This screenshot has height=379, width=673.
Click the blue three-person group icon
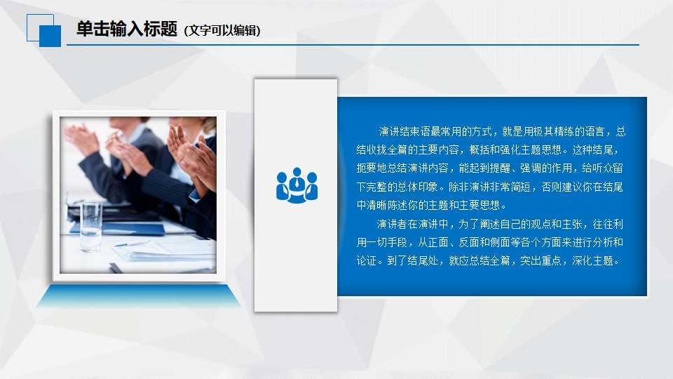pyautogui.click(x=297, y=185)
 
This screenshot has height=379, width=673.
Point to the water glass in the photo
pyautogui.click(x=90, y=226)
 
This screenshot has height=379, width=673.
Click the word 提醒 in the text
pyautogui.click(x=508, y=168)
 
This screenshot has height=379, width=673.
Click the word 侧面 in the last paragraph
pyautogui.click(x=509, y=243)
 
